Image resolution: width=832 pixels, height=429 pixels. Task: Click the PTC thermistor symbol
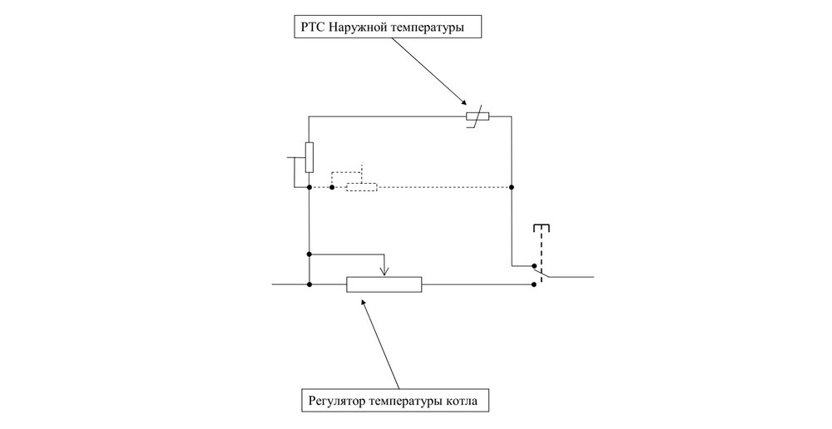(x=476, y=117)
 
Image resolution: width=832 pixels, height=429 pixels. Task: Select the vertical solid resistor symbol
(x=309, y=157)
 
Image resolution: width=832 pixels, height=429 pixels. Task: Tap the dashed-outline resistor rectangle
(x=362, y=187)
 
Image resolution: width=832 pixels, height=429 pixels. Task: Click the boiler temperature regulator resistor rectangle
(x=384, y=284)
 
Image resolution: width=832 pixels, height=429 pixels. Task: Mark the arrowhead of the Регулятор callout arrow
(x=363, y=300)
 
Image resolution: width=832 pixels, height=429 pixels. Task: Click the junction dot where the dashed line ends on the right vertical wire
(x=511, y=187)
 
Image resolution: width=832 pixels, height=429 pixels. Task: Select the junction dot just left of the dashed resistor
(x=332, y=187)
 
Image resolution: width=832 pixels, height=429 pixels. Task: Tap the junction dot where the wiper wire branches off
(x=309, y=253)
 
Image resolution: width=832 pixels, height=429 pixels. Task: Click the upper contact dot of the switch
(x=533, y=267)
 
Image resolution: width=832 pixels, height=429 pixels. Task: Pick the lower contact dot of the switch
(x=533, y=284)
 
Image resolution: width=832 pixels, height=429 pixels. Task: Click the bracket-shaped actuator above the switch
(x=542, y=227)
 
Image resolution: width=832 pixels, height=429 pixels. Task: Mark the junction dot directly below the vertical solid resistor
(x=309, y=187)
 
